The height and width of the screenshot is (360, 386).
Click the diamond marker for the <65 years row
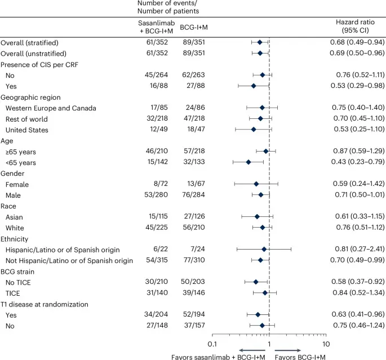pyautogui.click(x=249, y=162)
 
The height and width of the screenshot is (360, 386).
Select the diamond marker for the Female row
pyautogui.click(x=256, y=184)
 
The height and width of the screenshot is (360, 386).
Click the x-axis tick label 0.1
pyautogui.click(x=212, y=328)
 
